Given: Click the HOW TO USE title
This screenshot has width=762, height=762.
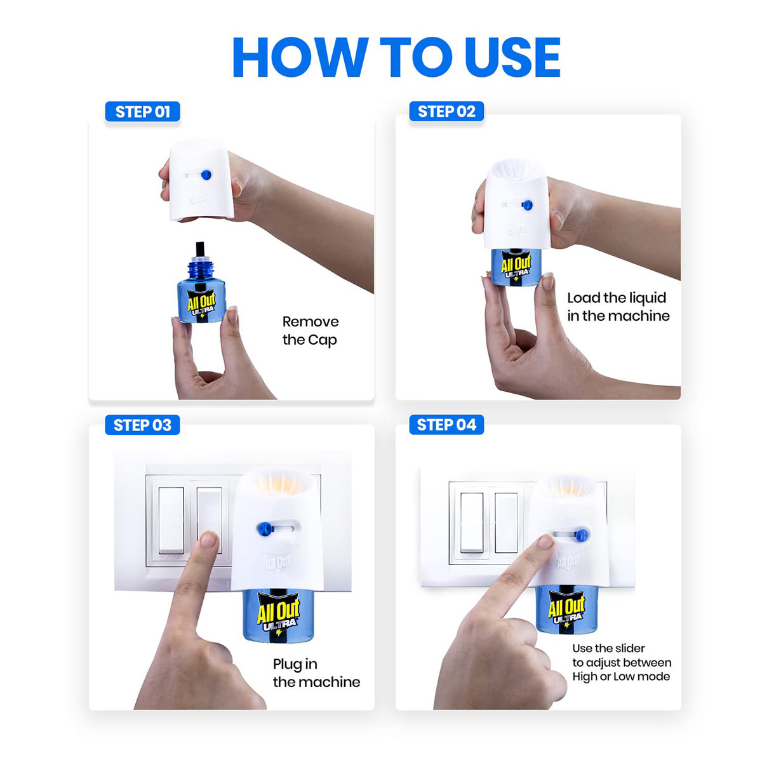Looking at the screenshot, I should [x=396, y=57].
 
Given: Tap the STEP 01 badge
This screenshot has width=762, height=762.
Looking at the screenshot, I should [x=142, y=112].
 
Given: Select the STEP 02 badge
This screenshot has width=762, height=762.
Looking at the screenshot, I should [x=446, y=112].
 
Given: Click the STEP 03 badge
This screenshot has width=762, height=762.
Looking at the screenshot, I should [x=142, y=425].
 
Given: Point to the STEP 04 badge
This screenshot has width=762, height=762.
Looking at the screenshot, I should [x=446, y=425].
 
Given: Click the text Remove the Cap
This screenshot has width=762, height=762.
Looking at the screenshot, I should [x=310, y=331].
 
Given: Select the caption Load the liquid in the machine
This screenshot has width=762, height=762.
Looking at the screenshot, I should [x=618, y=307].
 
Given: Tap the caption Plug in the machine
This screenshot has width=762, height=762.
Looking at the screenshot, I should [x=316, y=673].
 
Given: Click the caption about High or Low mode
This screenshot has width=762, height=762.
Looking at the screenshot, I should [x=621, y=662].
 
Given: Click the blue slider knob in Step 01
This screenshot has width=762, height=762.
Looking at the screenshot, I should [x=205, y=175].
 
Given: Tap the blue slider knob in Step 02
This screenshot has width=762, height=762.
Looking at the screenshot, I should [x=526, y=204].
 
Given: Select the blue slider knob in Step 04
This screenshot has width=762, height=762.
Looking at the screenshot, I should [x=581, y=535].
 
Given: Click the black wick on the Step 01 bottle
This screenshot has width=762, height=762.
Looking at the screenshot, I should [x=201, y=249].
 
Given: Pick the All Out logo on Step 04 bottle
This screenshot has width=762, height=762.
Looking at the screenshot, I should [x=566, y=610].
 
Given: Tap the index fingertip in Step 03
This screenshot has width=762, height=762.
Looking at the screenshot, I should [x=207, y=541].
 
